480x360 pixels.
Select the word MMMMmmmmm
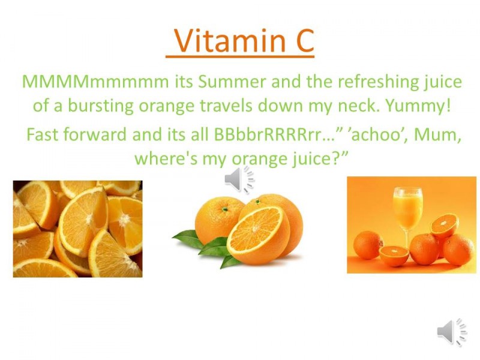(x=95, y=82)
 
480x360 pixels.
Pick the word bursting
(x=101, y=106)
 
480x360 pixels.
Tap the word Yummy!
(x=418, y=106)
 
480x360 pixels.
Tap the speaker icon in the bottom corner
(x=452, y=332)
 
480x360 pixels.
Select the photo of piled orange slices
(x=77, y=229)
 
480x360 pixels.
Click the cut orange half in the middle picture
(x=258, y=235)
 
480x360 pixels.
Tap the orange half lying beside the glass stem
(x=394, y=256)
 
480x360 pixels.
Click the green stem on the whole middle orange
(x=225, y=209)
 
